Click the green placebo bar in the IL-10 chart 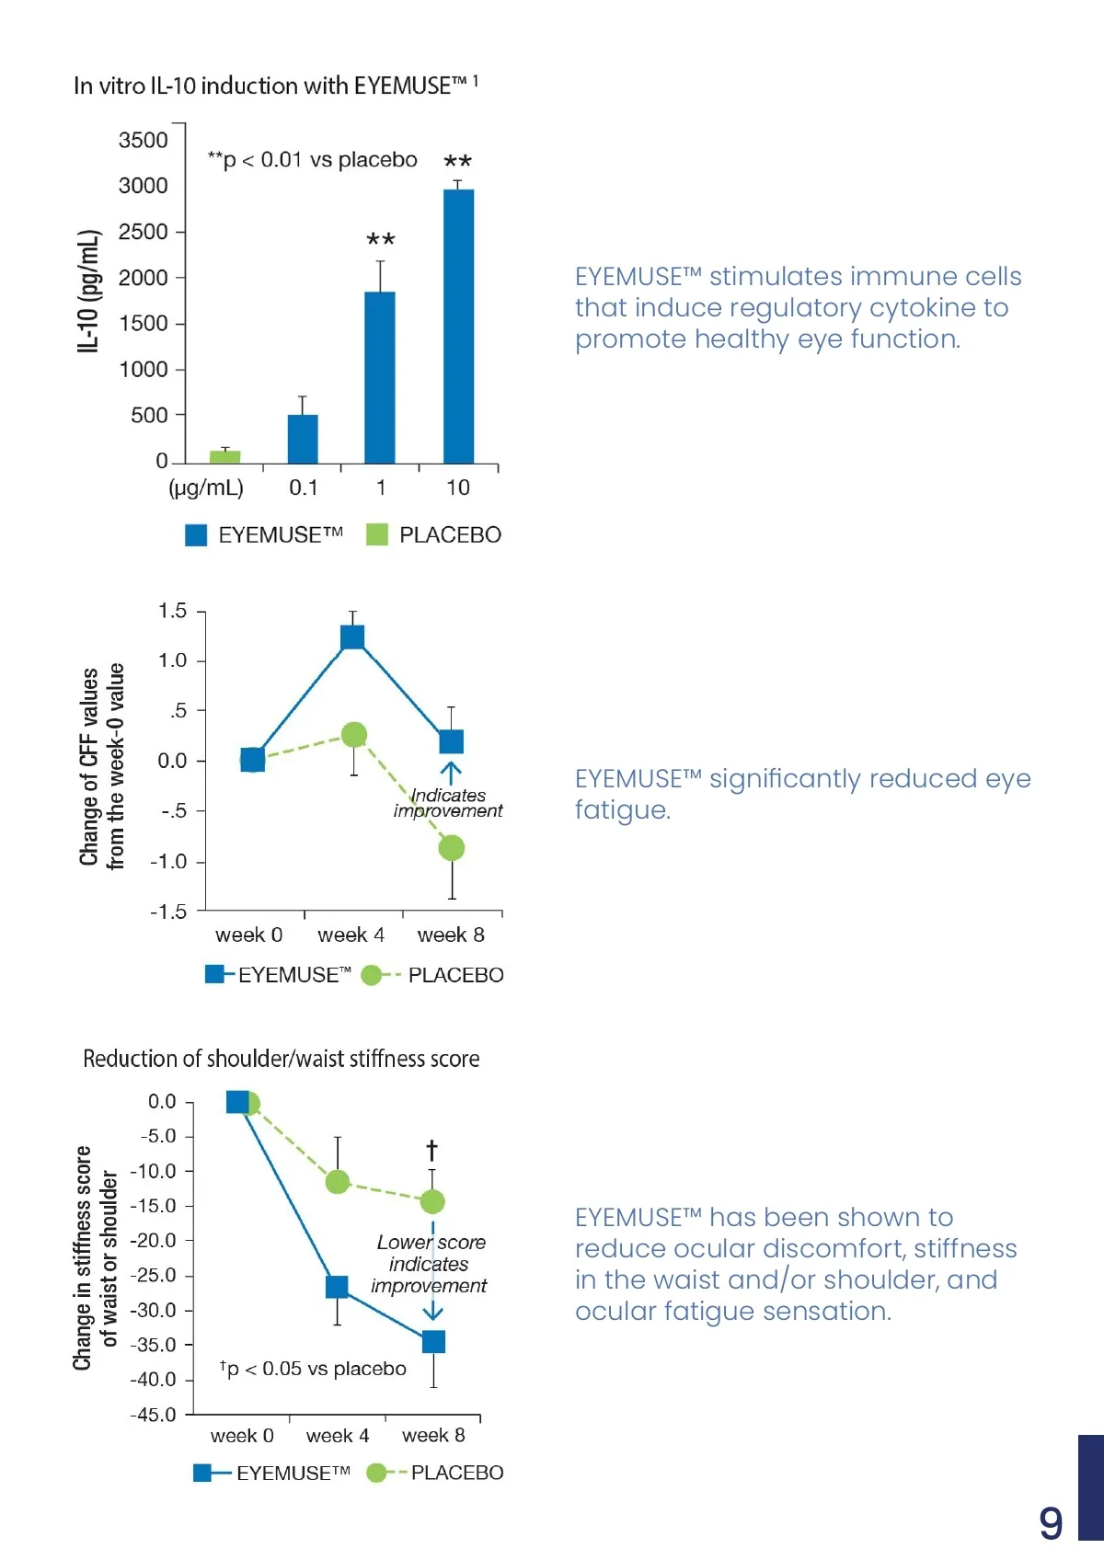(x=225, y=456)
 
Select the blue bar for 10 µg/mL (x=458, y=327)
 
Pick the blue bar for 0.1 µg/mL (x=303, y=439)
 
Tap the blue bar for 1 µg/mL (x=380, y=377)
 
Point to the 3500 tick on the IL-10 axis (x=144, y=141)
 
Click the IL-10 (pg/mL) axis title (x=87, y=292)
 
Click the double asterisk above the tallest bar (x=457, y=163)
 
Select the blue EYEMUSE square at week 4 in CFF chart (x=352, y=637)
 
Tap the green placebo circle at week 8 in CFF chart (x=451, y=848)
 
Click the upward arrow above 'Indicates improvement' (x=450, y=773)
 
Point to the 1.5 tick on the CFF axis (x=172, y=612)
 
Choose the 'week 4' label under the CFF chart (x=351, y=935)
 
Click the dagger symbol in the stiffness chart (x=431, y=1150)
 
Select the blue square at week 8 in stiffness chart (x=433, y=1342)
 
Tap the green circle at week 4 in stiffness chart (x=338, y=1182)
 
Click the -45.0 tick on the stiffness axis (x=153, y=1415)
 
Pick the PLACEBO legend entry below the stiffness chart (x=456, y=1473)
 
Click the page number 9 (x=1051, y=1523)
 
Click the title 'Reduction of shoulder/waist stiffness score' (x=282, y=1059)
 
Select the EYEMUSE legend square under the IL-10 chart (x=196, y=535)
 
